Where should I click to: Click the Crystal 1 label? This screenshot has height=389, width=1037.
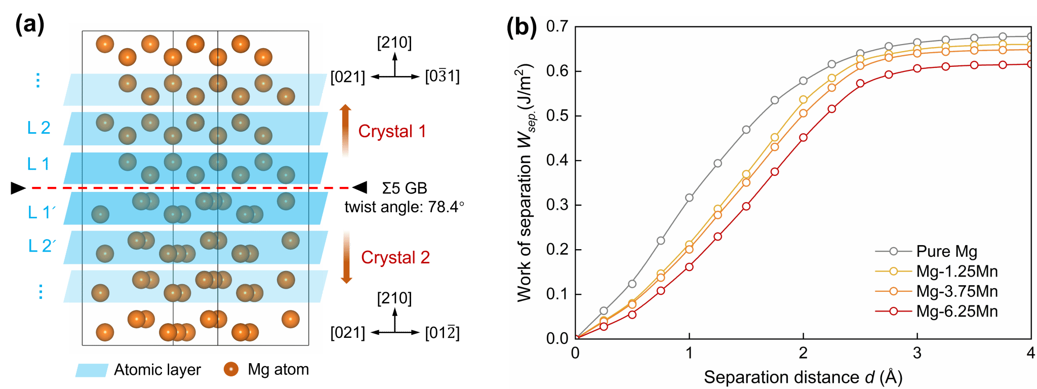[392, 131]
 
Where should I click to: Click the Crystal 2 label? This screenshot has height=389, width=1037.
[395, 257]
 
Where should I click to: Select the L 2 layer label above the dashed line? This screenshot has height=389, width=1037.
[39, 127]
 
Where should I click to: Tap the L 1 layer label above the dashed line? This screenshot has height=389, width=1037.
[38, 164]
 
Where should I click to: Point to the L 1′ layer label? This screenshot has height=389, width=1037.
[41, 212]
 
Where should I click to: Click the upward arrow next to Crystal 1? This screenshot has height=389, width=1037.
[345, 131]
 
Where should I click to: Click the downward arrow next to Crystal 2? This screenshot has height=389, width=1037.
[346, 257]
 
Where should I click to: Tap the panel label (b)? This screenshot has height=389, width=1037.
[523, 26]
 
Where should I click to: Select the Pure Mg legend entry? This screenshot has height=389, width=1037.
[946, 251]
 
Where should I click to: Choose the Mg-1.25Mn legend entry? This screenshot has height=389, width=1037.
[956, 271]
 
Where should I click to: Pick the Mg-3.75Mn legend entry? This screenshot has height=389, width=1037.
[956, 291]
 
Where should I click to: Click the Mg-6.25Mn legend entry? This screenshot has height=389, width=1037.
[956, 311]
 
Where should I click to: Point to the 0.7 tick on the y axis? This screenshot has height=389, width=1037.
[557, 26]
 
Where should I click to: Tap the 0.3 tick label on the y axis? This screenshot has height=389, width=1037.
[557, 205]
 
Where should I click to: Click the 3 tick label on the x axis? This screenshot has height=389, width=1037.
[917, 353]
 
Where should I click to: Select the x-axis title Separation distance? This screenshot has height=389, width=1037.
[803, 377]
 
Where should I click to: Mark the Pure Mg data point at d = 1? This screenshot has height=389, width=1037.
[689, 198]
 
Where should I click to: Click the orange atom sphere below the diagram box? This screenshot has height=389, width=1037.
[231, 369]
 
